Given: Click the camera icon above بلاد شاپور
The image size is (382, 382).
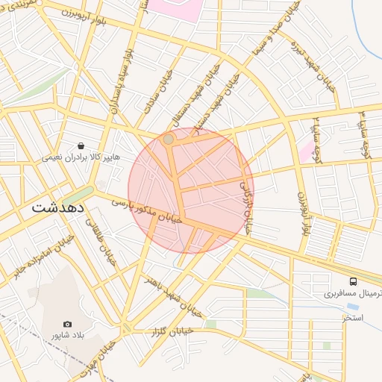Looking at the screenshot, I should click(x=68, y=324).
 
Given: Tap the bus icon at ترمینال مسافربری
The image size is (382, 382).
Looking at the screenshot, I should click(x=353, y=282).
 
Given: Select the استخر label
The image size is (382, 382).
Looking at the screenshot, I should click(x=353, y=318).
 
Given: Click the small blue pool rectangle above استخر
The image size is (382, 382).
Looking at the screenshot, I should click(x=351, y=307).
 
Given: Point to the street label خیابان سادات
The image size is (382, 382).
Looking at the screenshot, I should click(x=157, y=93).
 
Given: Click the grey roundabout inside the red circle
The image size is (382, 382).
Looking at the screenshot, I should click(x=169, y=139).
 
